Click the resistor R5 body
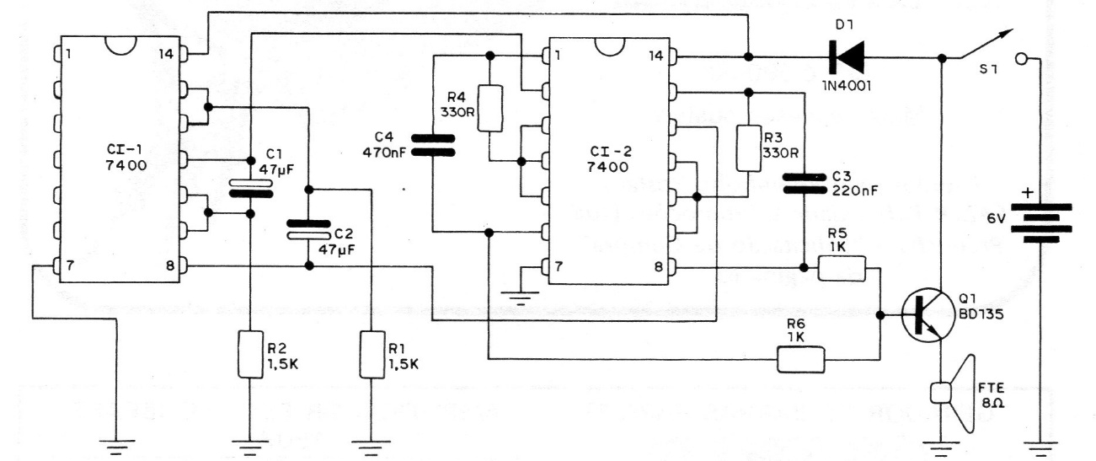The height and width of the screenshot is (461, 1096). [843, 270]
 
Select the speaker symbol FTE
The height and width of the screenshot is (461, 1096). [953, 389]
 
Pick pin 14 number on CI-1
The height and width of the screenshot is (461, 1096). [166, 55]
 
